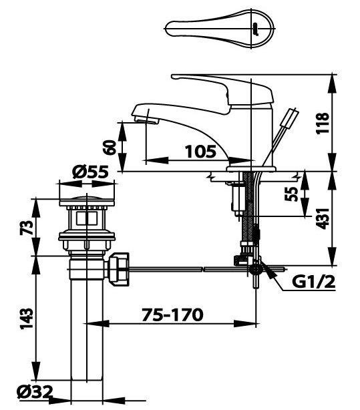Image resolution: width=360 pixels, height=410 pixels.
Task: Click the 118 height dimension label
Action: [323, 124]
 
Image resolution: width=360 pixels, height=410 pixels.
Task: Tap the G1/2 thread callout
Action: [313, 282]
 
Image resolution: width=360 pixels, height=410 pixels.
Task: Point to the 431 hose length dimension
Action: [323, 217]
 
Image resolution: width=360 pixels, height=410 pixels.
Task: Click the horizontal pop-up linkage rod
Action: [187, 269]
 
